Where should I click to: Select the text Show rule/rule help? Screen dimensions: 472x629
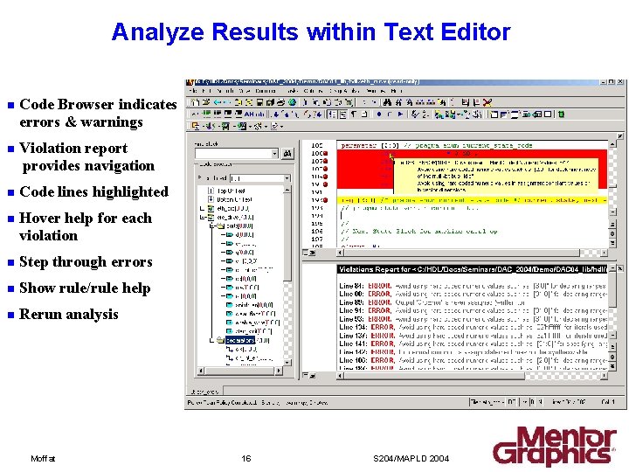(85, 288)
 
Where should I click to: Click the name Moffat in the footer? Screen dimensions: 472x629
(43, 458)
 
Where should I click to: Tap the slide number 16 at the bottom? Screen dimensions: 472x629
(246, 458)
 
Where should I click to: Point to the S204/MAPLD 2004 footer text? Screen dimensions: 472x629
(411, 458)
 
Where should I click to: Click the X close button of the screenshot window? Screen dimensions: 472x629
(619, 84)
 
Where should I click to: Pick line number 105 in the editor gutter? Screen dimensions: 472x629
(316, 145)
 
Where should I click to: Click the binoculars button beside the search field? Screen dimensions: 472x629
(287, 154)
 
